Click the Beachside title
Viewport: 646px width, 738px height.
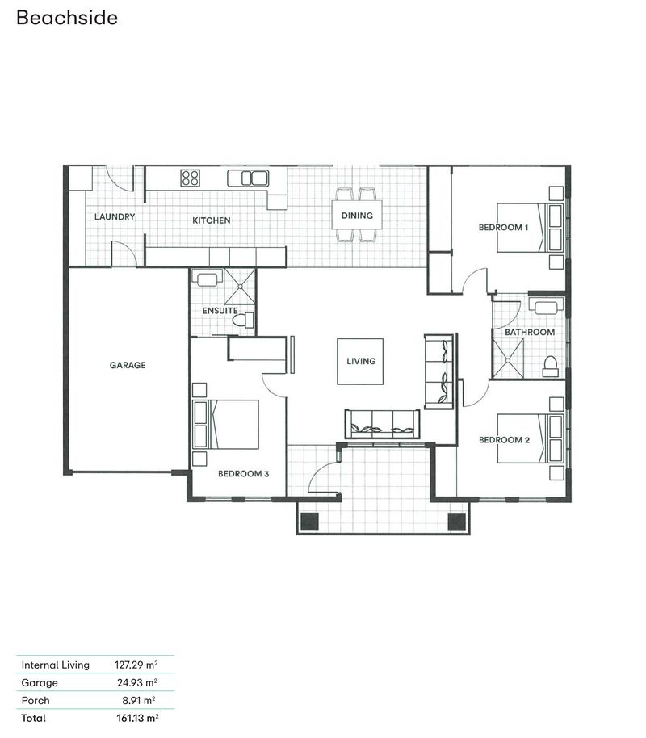pyautogui.click(x=67, y=17)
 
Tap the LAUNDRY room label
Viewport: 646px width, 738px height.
pyautogui.click(x=114, y=217)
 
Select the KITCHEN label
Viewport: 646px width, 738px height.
pyautogui.click(x=211, y=220)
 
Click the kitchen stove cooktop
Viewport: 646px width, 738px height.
pyautogui.click(x=191, y=178)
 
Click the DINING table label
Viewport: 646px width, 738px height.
pyautogui.click(x=357, y=216)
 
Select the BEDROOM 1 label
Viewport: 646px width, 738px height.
pyautogui.click(x=503, y=228)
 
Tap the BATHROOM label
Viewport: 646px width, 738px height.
pyautogui.click(x=529, y=332)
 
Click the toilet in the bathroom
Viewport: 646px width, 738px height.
pyautogui.click(x=551, y=367)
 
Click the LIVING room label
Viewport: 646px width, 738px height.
pyautogui.click(x=361, y=361)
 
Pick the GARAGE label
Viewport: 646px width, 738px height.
pyautogui.click(x=128, y=365)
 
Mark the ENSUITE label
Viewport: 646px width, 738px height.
pyautogui.click(x=220, y=310)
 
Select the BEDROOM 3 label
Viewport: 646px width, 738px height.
pyautogui.click(x=243, y=474)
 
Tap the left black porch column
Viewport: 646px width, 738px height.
pyautogui.click(x=310, y=522)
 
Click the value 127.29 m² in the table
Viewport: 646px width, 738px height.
pyautogui.click(x=136, y=665)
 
